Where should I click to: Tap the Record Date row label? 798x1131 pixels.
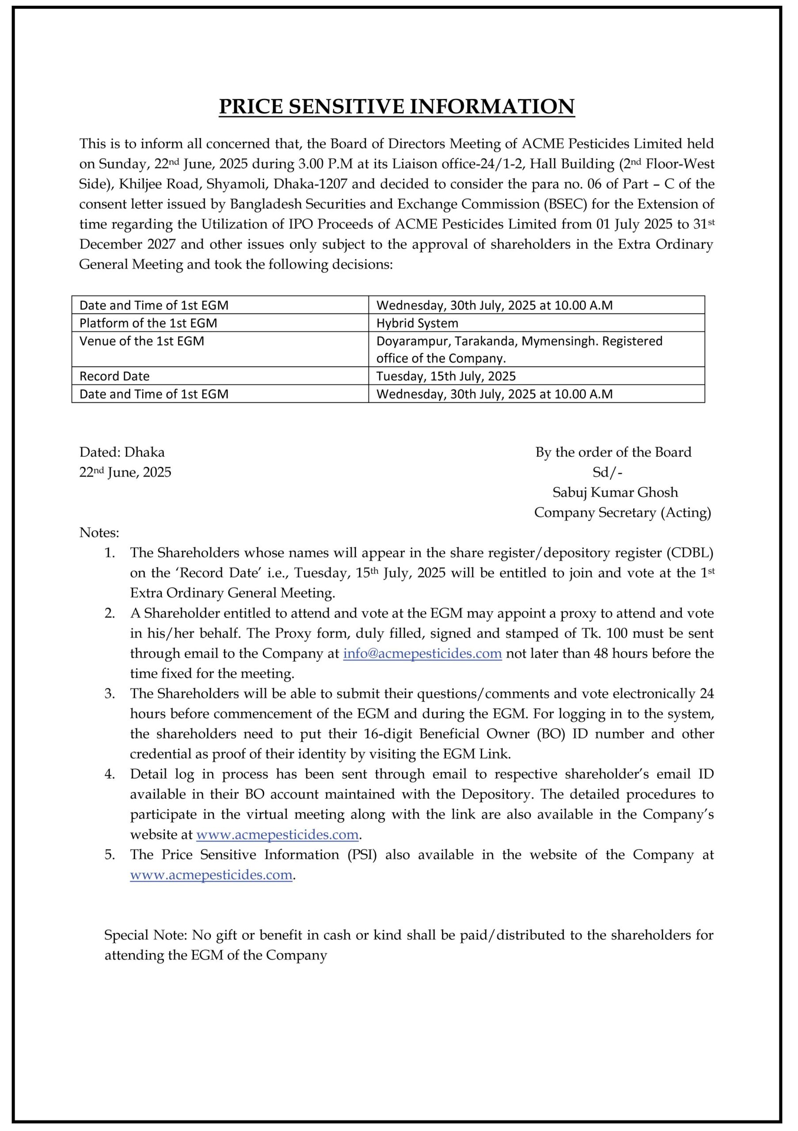(114, 376)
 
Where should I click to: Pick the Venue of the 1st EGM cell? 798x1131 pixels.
(141, 341)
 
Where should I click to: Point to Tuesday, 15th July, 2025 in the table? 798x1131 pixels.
(446, 376)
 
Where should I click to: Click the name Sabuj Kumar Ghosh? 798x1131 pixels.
(615, 492)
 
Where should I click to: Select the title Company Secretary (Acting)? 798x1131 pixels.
(622, 512)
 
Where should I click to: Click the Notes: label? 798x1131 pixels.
(99, 532)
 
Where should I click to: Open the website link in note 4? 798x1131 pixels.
(277, 835)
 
